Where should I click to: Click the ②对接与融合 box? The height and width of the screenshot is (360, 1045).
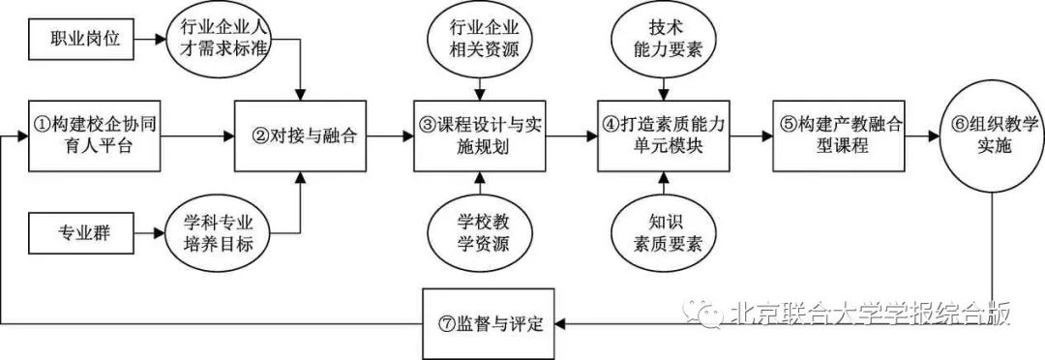(304, 136)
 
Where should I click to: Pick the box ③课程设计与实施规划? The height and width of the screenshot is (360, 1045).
(481, 136)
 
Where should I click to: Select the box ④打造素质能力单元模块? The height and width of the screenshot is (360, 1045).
(663, 136)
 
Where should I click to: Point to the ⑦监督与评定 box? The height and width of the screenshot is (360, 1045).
(493, 320)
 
